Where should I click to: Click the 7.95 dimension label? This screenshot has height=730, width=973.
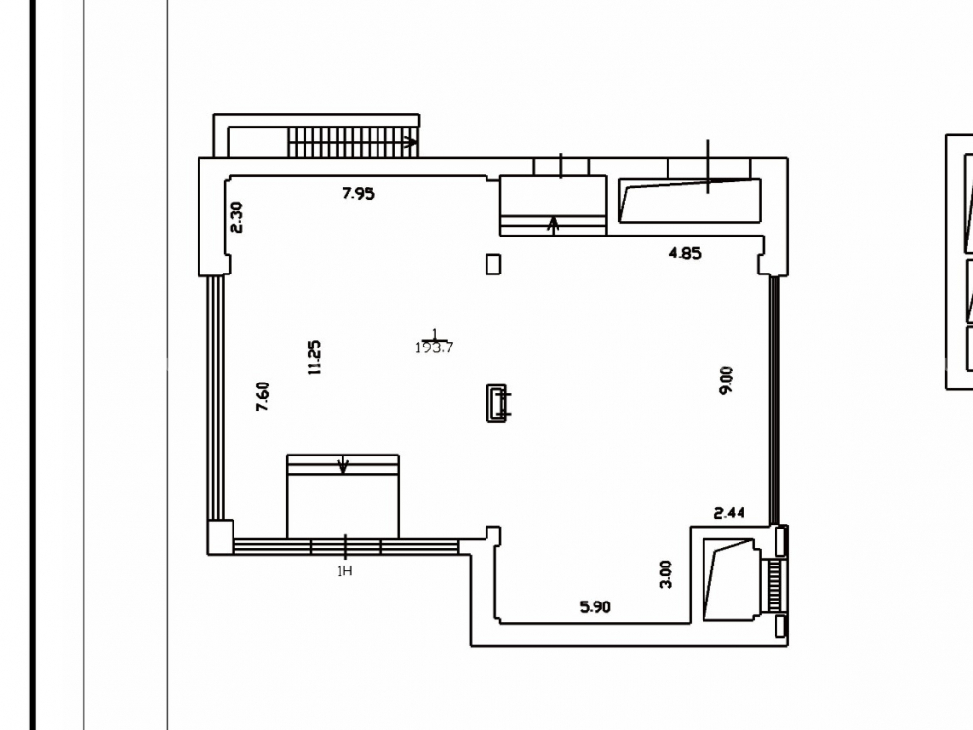point(358,193)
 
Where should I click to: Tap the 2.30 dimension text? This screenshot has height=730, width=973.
point(236,217)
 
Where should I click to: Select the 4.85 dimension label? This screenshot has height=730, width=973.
point(685,253)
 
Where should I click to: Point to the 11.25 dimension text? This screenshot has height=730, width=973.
point(314,357)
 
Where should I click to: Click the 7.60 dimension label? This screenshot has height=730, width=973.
point(263,396)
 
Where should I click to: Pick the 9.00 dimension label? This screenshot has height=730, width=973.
point(726,380)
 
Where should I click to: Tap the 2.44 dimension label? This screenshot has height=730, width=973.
point(729,513)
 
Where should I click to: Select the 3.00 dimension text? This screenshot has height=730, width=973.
point(666,574)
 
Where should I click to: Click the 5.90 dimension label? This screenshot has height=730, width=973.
point(595,606)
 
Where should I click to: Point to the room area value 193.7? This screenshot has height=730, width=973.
point(434,347)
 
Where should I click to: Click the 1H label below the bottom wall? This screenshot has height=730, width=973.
point(344,571)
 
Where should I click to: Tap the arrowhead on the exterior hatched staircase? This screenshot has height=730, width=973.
point(411,142)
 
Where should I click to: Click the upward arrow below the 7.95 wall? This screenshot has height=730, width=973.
point(553,224)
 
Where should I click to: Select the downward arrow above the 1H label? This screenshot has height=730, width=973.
point(343,465)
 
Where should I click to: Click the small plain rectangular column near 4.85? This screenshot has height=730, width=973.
point(493,264)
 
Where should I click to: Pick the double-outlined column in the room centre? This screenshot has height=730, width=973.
point(496,404)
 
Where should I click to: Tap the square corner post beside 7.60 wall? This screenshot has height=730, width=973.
point(220,536)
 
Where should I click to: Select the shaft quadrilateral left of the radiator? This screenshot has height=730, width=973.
point(730,580)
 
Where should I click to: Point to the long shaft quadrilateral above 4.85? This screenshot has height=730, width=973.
point(690,200)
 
